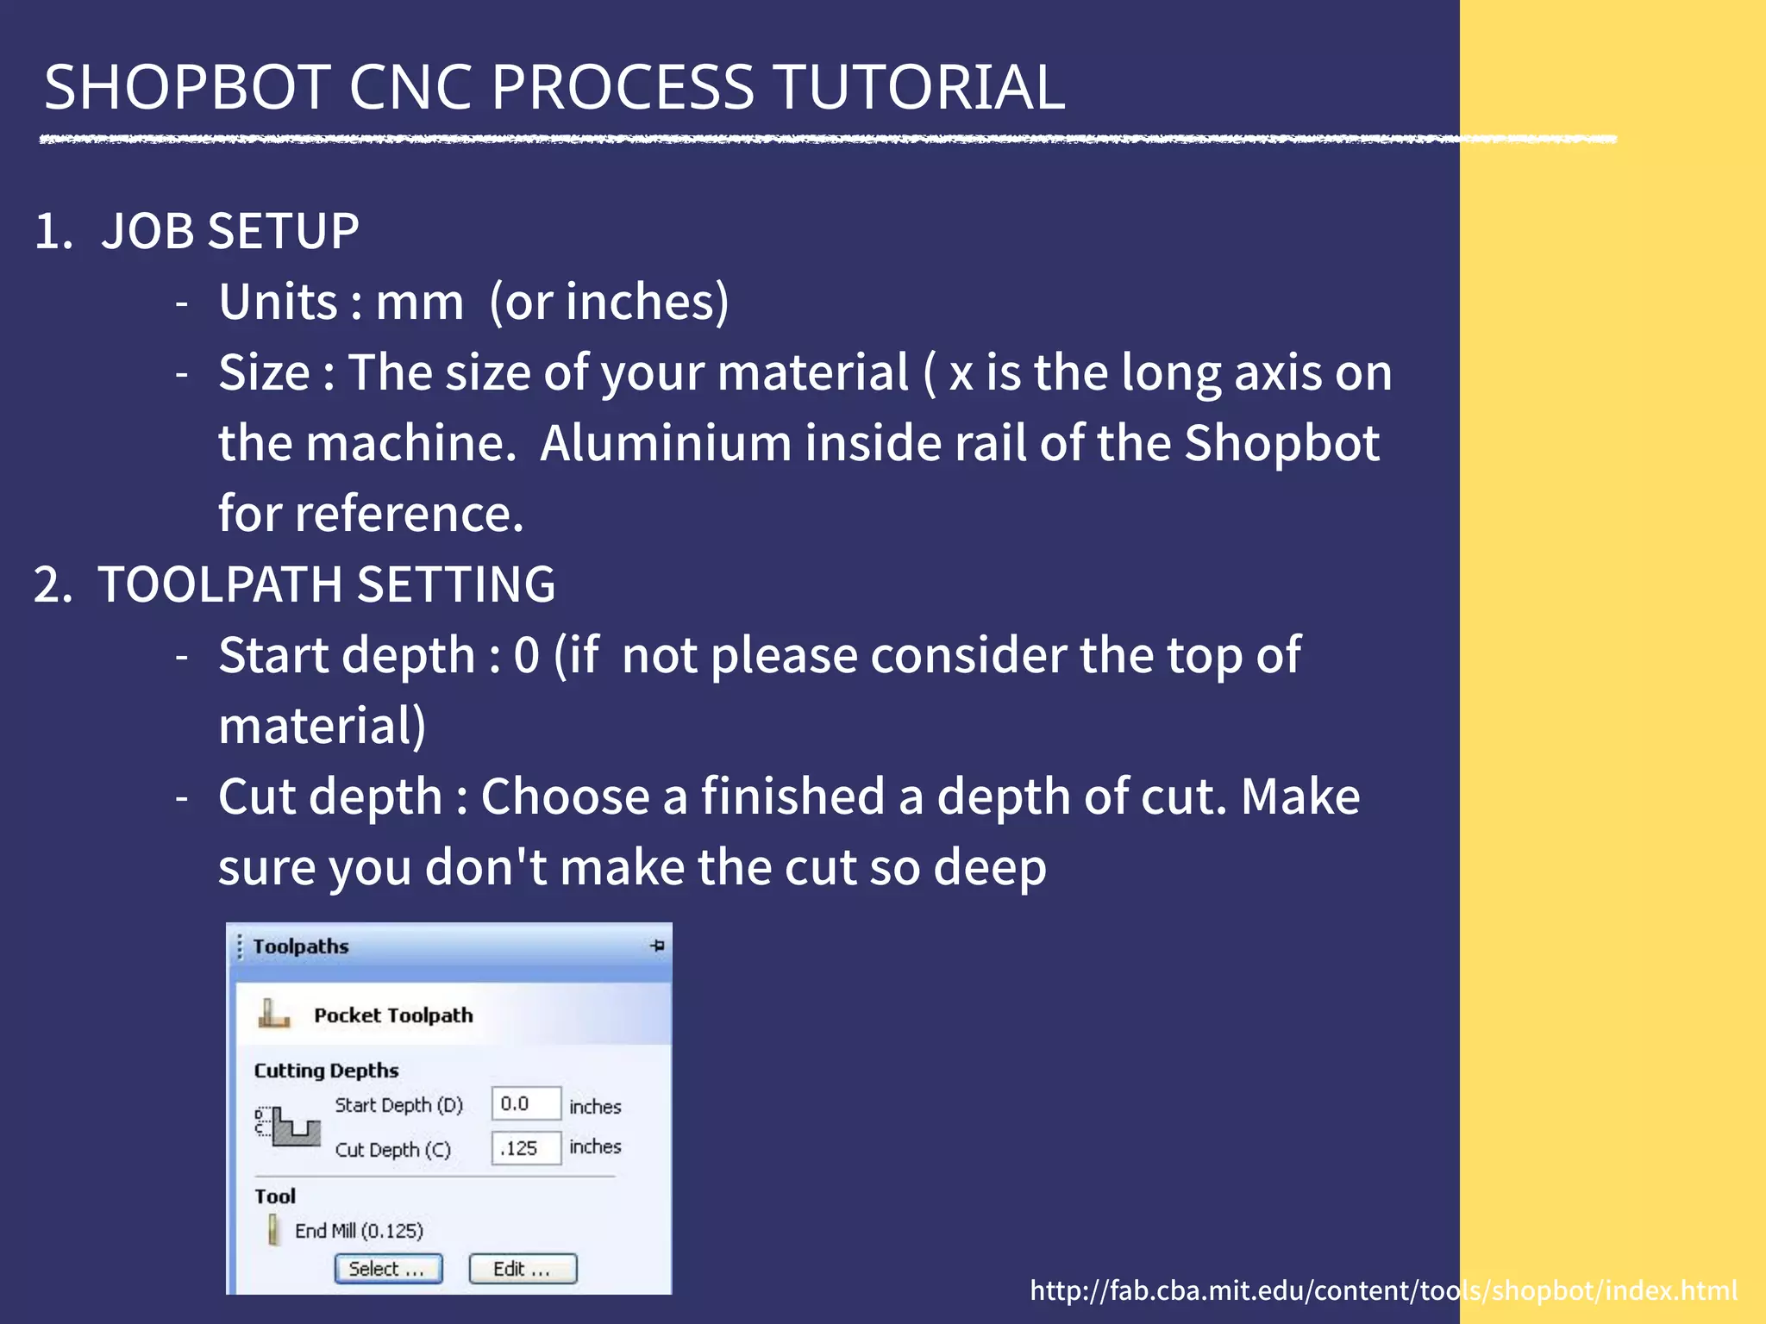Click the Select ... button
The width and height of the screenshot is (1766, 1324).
(388, 1269)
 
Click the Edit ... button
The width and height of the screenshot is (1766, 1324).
(523, 1269)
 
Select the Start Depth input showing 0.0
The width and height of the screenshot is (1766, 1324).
(525, 1104)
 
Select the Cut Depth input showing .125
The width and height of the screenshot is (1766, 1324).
(525, 1148)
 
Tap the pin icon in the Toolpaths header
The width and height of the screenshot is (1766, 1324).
(657, 946)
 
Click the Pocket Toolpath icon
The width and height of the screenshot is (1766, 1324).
(273, 1014)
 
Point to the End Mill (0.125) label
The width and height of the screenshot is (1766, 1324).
(359, 1230)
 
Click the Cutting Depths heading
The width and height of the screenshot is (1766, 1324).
(326, 1071)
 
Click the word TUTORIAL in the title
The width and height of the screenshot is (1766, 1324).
(919, 88)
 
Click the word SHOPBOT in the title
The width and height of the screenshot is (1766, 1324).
(187, 88)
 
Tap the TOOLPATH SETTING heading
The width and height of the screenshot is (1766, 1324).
(326, 584)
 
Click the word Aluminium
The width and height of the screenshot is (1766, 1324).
(666, 443)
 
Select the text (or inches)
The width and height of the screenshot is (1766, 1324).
(609, 303)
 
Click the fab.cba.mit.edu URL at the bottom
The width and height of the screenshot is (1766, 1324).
(1383, 1290)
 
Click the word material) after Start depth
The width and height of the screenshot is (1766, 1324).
(322, 726)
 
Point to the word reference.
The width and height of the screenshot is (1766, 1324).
(409, 514)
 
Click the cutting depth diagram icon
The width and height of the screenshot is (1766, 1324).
(289, 1127)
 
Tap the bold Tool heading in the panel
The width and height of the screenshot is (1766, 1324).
(275, 1196)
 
